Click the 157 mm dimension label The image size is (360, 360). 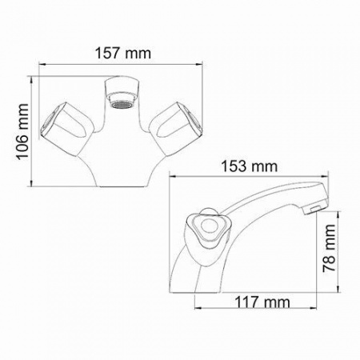tap(123, 53)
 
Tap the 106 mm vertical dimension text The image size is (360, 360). tap(22, 132)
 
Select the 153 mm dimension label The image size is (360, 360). tap(250, 166)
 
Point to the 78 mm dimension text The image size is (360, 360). tap(329, 248)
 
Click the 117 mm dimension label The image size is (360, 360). tap(262, 302)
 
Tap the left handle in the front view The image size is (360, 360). tap(67, 129)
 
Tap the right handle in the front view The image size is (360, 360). tap(175, 129)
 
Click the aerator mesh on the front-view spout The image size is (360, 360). tap(122, 105)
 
